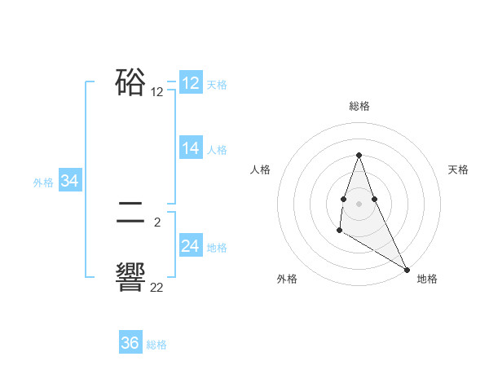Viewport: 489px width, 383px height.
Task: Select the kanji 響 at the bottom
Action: click(130, 277)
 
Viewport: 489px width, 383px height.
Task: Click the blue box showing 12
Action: click(191, 83)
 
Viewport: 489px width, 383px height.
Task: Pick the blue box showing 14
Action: click(191, 148)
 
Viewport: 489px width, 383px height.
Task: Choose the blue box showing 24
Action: click(191, 246)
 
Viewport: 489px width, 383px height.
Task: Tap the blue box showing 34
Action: click(70, 182)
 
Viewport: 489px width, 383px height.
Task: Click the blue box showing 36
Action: click(130, 343)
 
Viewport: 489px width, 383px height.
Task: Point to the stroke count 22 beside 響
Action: click(156, 287)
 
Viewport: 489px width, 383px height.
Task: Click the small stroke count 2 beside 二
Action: click(156, 222)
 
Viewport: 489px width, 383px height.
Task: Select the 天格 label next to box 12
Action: click(217, 84)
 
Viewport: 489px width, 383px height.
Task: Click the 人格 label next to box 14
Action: click(217, 149)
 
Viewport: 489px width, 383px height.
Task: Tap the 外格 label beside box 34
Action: click(43, 183)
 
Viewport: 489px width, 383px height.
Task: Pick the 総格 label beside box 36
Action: click(156, 345)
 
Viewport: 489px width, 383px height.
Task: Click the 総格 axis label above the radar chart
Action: click(359, 106)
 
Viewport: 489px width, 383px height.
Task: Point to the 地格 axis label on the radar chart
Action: click(427, 279)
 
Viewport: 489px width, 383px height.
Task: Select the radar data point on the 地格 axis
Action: click(407, 269)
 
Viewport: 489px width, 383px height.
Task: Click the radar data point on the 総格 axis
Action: click(359, 155)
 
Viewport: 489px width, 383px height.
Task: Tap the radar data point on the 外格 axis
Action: click(339, 231)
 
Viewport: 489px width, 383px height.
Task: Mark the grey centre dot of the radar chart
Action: click(359, 202)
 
